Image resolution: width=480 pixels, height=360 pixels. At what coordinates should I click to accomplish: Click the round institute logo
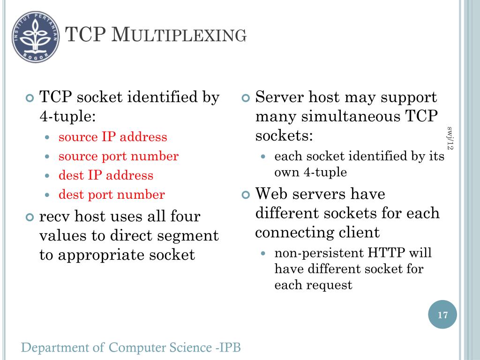36,37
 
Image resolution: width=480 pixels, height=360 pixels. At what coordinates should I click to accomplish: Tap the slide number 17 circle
442,315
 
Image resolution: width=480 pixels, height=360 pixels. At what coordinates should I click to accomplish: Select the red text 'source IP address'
112,137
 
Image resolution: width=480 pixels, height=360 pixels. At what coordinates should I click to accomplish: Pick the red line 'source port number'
118,156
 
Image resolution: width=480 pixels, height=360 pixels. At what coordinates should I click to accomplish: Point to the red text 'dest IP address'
106,175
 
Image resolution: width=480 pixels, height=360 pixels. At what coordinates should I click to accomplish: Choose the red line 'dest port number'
112,195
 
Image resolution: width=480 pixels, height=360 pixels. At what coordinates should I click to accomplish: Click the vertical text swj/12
451,138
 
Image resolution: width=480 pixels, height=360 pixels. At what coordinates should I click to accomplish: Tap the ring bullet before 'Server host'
247,98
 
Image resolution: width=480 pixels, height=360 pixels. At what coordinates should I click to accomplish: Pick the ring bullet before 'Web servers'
247,194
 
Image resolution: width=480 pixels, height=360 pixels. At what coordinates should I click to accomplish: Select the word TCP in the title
85,35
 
